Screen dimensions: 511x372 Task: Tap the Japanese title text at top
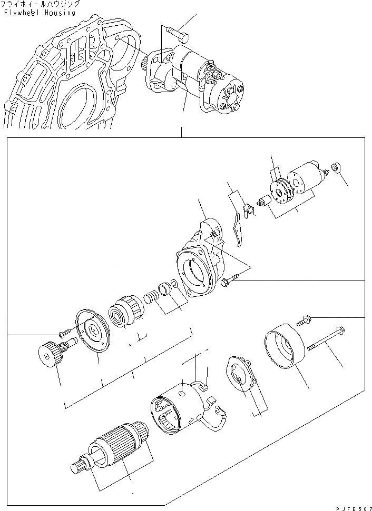pos(41,4)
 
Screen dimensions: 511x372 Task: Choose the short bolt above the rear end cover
pos(306,317)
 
